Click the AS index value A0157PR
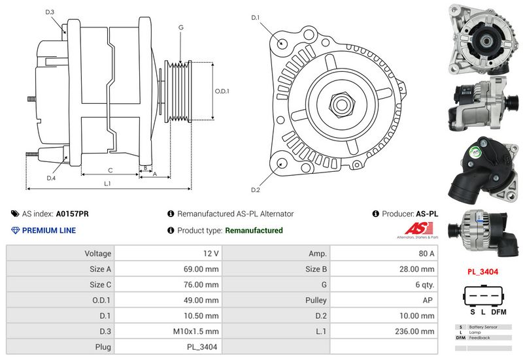click(73, 214)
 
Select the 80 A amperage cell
click(427, 253)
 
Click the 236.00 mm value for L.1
click(418, 331)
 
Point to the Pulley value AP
click(430, 300)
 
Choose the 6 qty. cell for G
click(426, 284)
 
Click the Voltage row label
click(98, 253)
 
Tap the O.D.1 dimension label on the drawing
click(222, 91)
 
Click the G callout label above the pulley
click(180, 27)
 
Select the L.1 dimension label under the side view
click(107, 184)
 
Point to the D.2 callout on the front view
click(256, 190)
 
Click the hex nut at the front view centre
click(341, 103)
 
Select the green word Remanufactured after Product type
click(254, 231)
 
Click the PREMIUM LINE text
click(49, 231)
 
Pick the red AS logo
click(416, 229)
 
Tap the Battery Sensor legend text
click(483, 327)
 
